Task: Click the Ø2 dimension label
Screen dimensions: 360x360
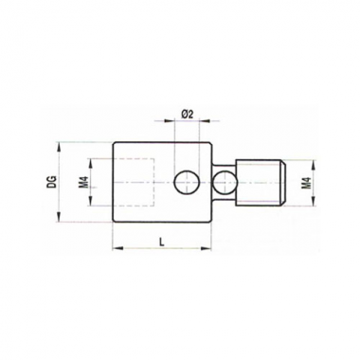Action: click(x=187, y=115)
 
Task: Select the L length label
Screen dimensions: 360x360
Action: click(x=161, y=242)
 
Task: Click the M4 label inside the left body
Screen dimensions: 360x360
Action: click(x=83, y=182)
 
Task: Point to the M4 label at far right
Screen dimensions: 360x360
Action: click(x=306, y=183)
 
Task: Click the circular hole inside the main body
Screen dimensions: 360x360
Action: click(x=187, y=182)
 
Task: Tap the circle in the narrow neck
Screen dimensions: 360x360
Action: click(x=225, y=182)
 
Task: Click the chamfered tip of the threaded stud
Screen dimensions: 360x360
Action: click(x=283, y=183)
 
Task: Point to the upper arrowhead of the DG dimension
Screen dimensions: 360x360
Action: click(x=59, y=147)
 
